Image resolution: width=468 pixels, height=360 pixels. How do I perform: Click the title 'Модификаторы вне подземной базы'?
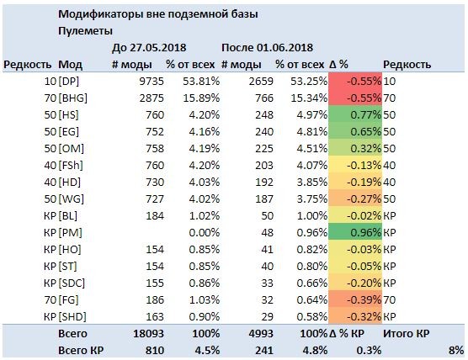click(x=158, y=14)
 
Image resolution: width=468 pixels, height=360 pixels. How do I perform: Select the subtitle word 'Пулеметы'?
click(x=85, y=31)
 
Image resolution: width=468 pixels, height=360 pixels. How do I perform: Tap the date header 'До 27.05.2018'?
click(x=149, y=48)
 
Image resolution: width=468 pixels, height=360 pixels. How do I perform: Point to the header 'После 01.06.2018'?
click(x=267, y=48)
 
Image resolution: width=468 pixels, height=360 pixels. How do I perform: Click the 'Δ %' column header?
click(x=338, y=65)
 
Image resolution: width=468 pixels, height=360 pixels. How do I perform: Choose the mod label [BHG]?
click(x=73, y=98)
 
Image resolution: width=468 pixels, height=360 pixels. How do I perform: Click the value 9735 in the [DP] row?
click(x=152, y=81)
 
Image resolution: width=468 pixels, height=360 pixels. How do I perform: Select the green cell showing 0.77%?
click(x=355, y=115)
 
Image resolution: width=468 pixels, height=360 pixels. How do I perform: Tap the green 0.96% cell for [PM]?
click(x=355, y=233)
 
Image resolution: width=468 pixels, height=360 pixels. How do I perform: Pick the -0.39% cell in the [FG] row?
click(x=355, y=299)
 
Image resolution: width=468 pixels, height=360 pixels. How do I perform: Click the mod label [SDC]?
click(x=72, y=283)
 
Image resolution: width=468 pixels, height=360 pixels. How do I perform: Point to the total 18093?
click(x=149, y=333)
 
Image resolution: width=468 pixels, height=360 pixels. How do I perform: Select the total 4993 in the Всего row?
click(x=261, y=333)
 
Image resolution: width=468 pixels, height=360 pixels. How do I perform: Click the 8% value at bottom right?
click(x=456, y=351)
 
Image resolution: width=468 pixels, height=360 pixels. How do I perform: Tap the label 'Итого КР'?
click(x=407, y=333)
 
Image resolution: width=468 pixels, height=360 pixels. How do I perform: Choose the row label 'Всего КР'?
click(x=81, y=351)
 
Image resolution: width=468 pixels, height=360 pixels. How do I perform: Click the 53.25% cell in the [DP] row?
click(x=309, y=81)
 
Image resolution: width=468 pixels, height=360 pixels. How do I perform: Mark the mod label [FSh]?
click(x=71, y=165)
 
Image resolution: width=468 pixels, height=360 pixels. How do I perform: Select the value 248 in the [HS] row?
click(x=264, y=115)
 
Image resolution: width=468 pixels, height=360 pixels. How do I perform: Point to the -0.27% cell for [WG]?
click(x=355, y=199)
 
